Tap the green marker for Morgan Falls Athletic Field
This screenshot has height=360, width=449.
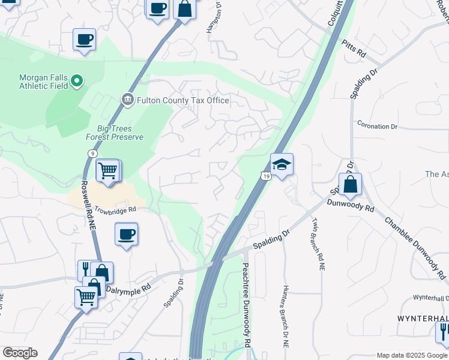coord(77,80)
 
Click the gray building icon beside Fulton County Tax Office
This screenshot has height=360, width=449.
coord(127,100)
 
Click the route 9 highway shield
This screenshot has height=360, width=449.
coord(92,154)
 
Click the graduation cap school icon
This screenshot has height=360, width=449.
coord(282,164)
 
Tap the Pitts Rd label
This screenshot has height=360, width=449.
coord(354,49)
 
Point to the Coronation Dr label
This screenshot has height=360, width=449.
coord(378,127)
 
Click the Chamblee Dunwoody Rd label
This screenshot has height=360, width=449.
coord(414,247)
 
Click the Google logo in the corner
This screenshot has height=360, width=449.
coord(20,353)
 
